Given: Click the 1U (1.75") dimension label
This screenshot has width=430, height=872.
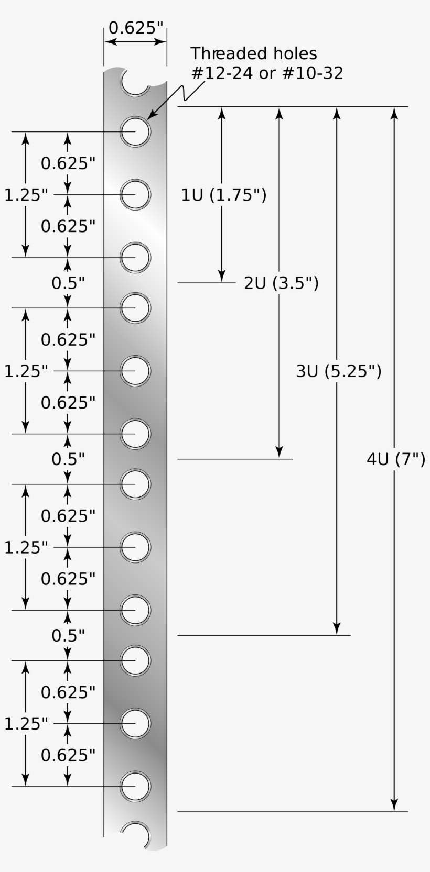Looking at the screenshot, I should point(224,195).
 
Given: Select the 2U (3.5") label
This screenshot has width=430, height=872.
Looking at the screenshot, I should point(281,283).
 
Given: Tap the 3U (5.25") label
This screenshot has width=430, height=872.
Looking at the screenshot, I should point(339,371).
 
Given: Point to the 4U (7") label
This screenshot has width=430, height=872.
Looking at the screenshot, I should point(396,459).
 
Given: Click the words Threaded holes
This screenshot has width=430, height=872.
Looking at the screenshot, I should point(254,53).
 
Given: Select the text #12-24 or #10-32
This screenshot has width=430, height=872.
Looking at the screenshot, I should point(267,73).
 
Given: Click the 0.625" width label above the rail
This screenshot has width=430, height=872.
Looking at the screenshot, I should point(135,28).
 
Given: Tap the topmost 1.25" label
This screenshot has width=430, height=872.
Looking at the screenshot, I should point(26,195).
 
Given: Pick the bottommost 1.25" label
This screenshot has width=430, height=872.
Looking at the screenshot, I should point(26,724).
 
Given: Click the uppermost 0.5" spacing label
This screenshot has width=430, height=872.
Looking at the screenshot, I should point(68,283).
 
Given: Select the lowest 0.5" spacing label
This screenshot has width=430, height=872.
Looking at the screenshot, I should point(68,635).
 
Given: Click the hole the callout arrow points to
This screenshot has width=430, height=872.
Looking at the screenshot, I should point(135,131).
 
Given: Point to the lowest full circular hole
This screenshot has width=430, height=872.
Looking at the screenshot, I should point(135,786).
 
